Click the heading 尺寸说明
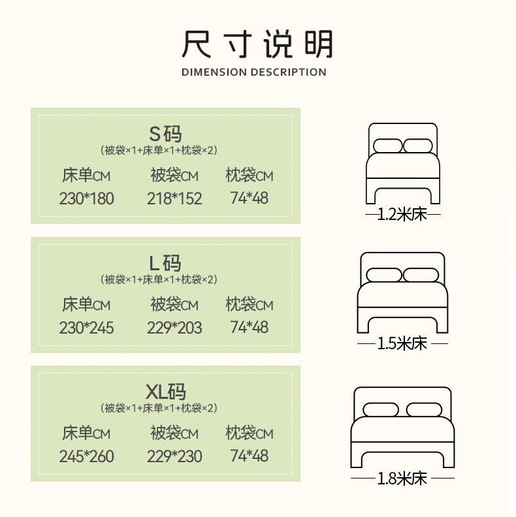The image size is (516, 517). tap(257, 44)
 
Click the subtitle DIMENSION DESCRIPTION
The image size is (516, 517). tap(254, 72)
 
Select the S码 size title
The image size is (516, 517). tap(165, 134)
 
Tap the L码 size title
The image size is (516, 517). tap(165, 263)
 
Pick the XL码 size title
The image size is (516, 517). tap(165, 392)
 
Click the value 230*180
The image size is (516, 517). tap(86, 198)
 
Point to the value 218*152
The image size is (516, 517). tap(174, 198)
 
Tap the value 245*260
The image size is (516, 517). tap(86, 456)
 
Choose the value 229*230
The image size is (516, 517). tap(174, 456)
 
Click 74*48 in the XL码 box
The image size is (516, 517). tap(250, 456)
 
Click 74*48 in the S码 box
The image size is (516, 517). tap(250, 198)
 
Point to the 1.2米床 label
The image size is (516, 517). tap(402, 215)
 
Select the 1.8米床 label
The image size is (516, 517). tap(402, 478)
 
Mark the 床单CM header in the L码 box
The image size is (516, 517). tap(86, 305)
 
